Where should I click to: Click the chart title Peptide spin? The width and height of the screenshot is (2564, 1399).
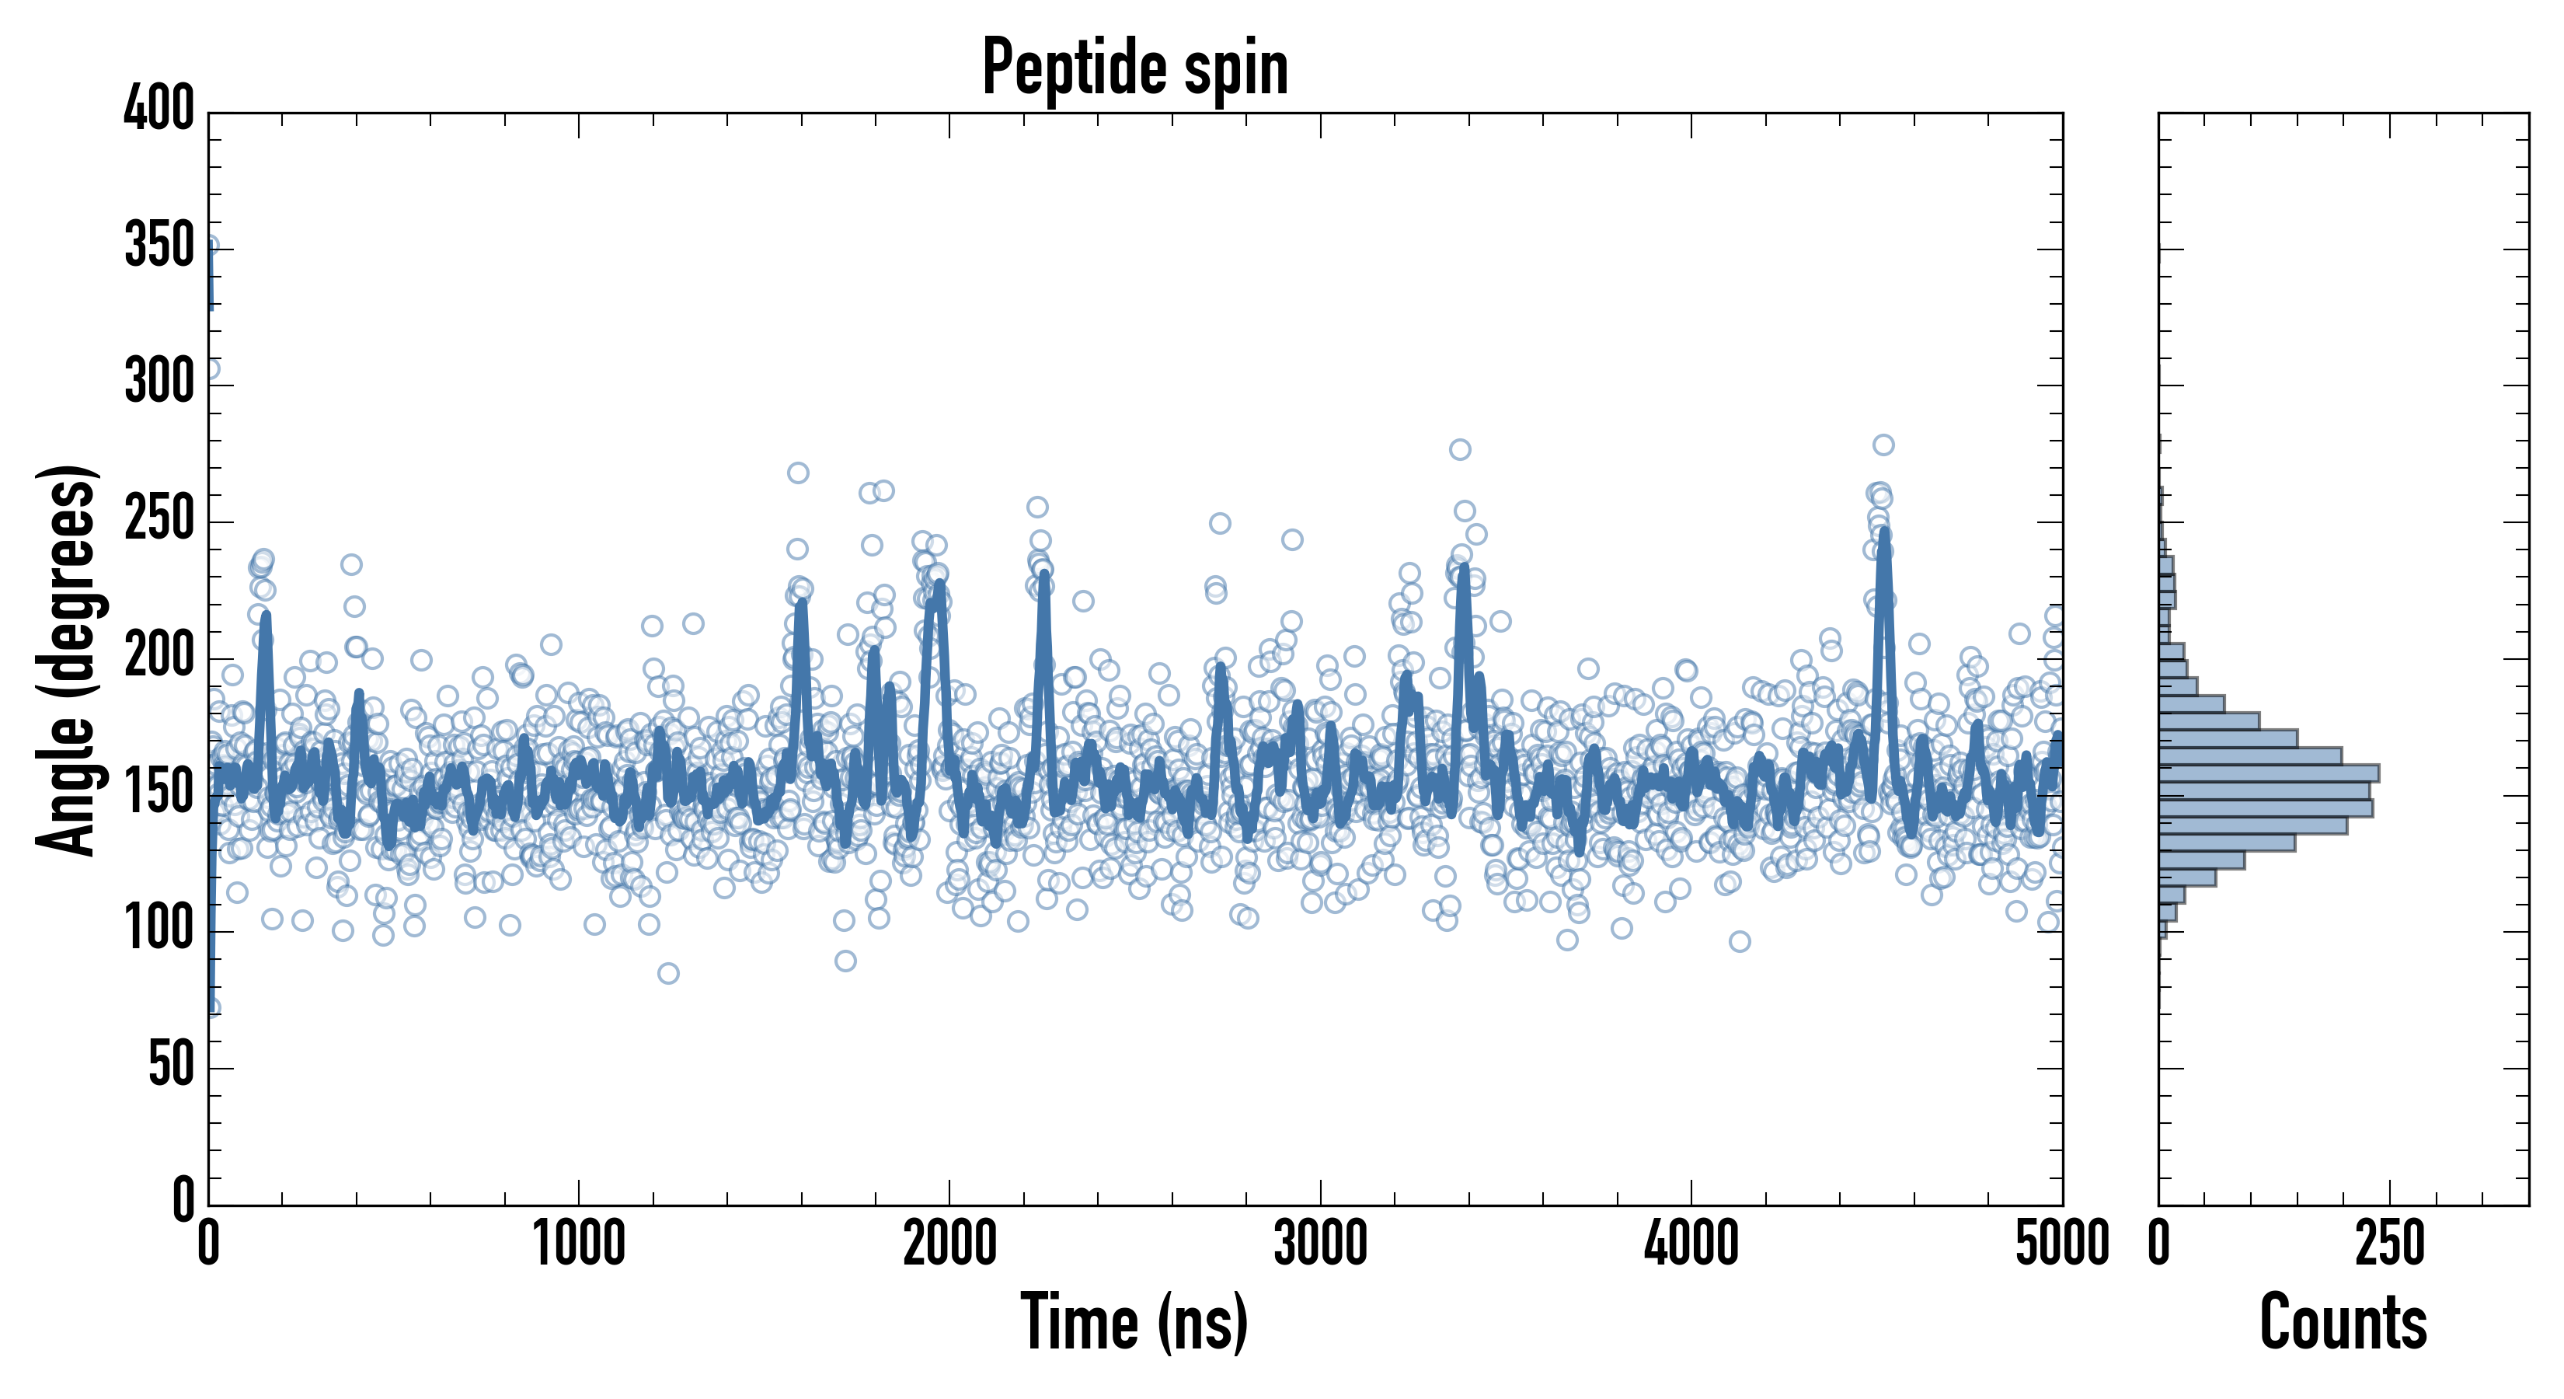click(1134, 68)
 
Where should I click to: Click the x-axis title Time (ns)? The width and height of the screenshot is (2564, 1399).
click(1134, 1321)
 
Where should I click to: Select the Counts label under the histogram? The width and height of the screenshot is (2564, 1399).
click(2343, 1321)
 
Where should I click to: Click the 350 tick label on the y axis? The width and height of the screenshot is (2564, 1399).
click(159, 246)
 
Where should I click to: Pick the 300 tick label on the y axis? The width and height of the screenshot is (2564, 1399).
click(159, 382)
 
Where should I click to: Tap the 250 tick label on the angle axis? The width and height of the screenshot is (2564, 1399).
click(159, 518)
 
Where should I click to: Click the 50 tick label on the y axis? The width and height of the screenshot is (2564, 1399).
click(171, 1066)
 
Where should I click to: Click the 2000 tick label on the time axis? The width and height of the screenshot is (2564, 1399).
click(949, 1244)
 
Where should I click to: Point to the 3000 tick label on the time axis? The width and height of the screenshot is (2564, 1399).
click(1321, 1244)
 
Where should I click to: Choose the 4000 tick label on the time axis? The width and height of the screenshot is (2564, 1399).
click(1691, 1244)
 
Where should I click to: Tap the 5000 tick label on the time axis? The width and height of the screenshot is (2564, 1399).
click(2061, 1244)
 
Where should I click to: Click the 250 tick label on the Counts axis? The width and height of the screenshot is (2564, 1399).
click(2390, 1244)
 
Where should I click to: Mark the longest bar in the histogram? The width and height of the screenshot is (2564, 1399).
click(2270, 773)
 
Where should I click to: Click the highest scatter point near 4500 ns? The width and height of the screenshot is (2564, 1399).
click(1883, 445)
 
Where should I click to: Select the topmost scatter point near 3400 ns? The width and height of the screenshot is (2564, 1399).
click(1460, 449)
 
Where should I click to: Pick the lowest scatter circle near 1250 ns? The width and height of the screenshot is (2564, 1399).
click(669, 973)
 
